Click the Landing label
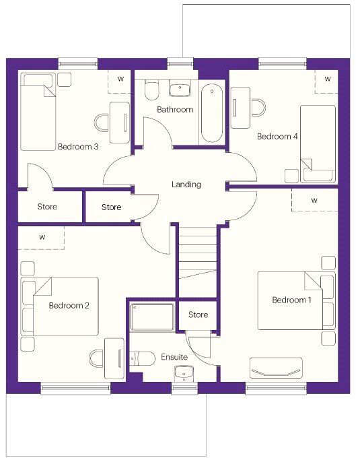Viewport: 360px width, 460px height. click(186, 185)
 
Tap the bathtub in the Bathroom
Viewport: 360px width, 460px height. click(212, 113)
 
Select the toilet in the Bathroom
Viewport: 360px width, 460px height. click(152, 90)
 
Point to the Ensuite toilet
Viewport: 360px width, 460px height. click(142, 358)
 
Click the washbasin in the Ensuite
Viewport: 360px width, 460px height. click(184, 373)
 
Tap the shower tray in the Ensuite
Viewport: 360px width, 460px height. click(153, 317)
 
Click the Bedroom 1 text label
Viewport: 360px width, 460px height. click(291, 300)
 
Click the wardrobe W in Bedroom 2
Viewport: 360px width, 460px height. click(41, 238)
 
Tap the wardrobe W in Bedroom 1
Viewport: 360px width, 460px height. click(315, 200)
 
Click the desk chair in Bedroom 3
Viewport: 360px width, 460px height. click(102, 123)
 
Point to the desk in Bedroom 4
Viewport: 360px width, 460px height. click(240, 108)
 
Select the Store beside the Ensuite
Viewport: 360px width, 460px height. click(198, 315)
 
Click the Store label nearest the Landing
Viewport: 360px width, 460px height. click(112, 207)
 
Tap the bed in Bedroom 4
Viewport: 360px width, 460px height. click(318, 143)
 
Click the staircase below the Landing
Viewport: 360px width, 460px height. click(198, 261)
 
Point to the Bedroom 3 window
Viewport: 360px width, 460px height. click(78, 64)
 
